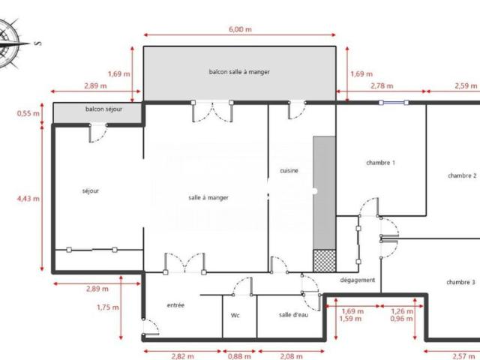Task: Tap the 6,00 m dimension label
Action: [239, 29]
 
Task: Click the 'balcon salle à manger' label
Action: [238, 72]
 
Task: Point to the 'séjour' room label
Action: [90, 190]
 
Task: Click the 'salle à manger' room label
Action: [208, 197]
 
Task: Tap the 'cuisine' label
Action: [289, 171]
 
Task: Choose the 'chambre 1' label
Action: [380, 163]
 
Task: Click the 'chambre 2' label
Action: [462, 175]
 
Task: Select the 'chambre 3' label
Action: [460, 282]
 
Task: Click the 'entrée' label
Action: [175, 305]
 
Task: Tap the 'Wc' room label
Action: [235, 315]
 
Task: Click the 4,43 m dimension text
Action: [28, 199]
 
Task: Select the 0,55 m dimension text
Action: [28, 114]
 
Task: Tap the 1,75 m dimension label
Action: [108, 307]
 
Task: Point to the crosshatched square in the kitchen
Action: [323, 259]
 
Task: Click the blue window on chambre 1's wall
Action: [394, 103]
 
